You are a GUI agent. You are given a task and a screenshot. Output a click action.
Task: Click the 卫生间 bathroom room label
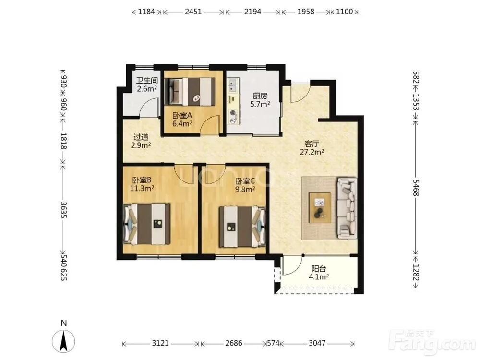tap(147, 81)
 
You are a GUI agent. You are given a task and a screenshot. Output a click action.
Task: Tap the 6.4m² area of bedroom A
tap(182, 124)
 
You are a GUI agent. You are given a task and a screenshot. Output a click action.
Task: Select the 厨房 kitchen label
tap(260, 96)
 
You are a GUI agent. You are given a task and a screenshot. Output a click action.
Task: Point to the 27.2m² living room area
tap(312, 152)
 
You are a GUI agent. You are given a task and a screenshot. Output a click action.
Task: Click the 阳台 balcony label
tap(319, 269)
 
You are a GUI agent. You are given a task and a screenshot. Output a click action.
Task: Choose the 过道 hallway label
tap(141, 137)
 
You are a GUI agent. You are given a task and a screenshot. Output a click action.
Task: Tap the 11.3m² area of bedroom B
tap(142, 188)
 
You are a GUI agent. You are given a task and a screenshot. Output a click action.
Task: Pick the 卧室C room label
tap(245, 181)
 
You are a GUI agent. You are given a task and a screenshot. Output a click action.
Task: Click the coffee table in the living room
tap(320, 207)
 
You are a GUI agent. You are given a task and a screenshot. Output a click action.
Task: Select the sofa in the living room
tap(347, 207)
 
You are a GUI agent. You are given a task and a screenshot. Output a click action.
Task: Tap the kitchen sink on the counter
tap(233, 85)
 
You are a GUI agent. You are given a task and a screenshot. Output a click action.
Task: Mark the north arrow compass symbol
tap(63, 341)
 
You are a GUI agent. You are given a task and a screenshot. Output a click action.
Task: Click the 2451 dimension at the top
tap(193, 12)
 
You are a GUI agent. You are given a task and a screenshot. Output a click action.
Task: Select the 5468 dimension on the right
tap(416, 187)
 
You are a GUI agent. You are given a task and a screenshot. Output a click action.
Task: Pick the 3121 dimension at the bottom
tap(160, 343)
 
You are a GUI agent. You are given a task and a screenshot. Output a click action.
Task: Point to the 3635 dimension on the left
tap(64, 209)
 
